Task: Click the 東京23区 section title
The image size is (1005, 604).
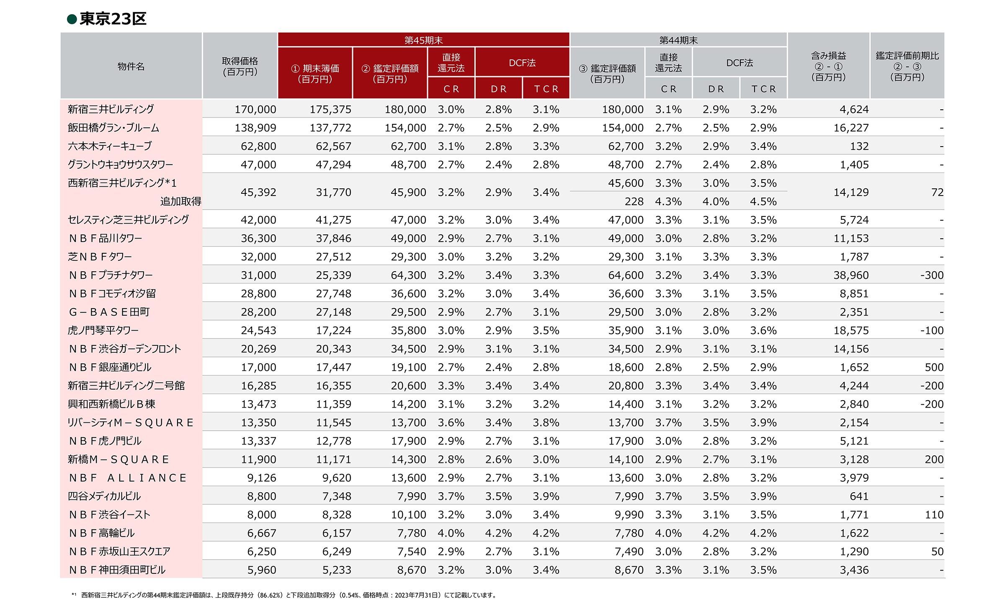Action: (113, 19)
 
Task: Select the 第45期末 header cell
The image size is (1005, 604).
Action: (423, 40)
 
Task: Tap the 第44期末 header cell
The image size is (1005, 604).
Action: (678, 40)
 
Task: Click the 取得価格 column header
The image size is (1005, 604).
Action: (240, 66)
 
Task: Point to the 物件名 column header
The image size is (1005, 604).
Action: (131, 66)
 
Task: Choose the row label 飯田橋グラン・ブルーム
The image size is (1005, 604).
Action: (113, 128)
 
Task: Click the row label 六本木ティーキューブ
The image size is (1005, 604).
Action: (110, 146)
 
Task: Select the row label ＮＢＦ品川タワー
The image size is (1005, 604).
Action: (106, 238)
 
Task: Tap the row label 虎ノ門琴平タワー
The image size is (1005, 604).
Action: (103, 330)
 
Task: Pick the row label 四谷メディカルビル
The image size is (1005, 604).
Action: (104, 496)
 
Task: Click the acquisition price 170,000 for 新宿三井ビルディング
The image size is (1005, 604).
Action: (255, 109)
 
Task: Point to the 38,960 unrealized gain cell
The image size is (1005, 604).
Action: (851, 275)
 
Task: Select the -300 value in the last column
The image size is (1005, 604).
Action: (932, 275)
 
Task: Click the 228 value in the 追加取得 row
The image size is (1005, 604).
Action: (634, 201)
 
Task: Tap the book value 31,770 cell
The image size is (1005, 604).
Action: (333, 192)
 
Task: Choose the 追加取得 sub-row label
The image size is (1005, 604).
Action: (180, 201)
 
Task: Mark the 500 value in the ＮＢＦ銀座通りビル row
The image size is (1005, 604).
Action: (934, 367)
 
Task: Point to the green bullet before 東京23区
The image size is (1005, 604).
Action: (72, 19)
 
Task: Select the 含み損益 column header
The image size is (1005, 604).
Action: (828, 66)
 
